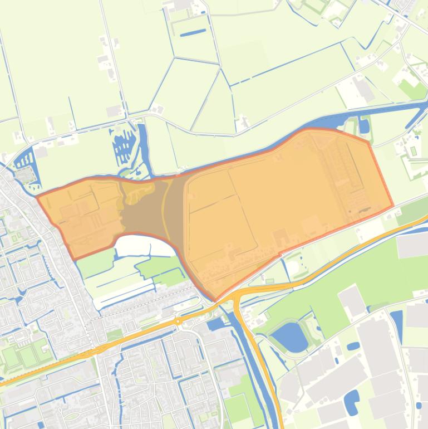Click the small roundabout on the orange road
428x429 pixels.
(x=178, y=321)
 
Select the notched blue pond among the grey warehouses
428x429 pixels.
(x=351, y=401)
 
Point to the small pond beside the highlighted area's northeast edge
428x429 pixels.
(x=364, y=126)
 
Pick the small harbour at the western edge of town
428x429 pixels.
(x=26, y=162)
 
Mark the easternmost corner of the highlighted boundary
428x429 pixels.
(x=393, y=206)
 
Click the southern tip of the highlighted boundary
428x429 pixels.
(x=215, y=300)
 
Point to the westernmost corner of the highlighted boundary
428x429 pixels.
(x=37, y=196)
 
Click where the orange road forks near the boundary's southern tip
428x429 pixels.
(x=237, y=295)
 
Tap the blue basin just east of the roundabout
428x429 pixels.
(x=215, y=324)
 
